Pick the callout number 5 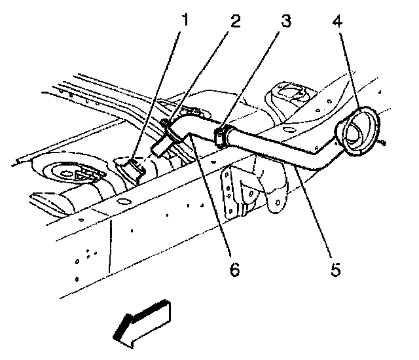click(x=335, y=269)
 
